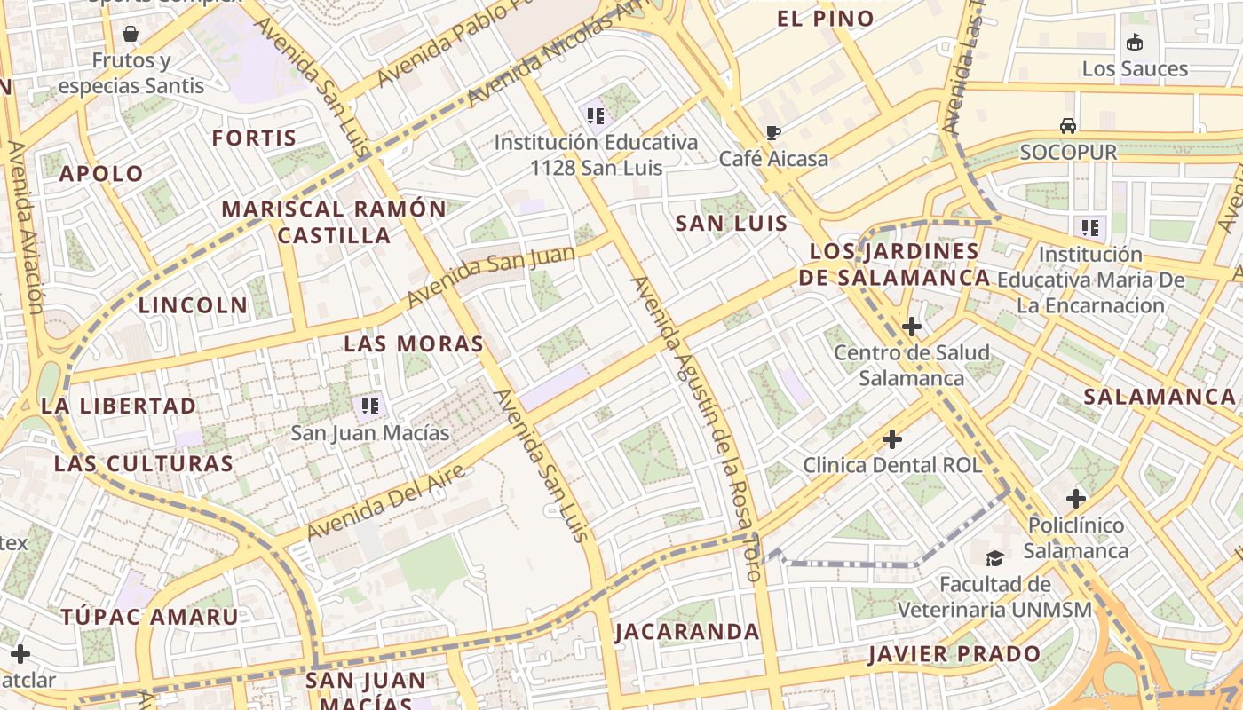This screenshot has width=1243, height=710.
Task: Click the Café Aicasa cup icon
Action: pyautogui.click(x=773, y=133)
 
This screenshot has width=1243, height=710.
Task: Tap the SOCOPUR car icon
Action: pyautogui.click(x=1068, y=126)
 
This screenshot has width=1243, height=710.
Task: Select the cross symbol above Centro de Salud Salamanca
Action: pyautogui.click(x=911, y=327)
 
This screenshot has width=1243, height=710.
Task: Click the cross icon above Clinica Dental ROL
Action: pyautogui.click(x=892, y=439)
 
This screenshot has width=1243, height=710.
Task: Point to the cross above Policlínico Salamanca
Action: pyautogui.click(x=1076, y=499)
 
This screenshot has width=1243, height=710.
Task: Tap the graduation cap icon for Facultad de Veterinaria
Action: pyautogui.click(x=994, y=558)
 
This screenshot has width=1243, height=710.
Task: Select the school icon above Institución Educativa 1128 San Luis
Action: pyautogui.click(x=595, y=115)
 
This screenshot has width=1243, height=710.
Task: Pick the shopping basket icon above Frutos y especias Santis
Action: pyautogui.click(x=131, y=35)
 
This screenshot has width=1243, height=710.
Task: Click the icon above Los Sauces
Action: pyautogui.click(x=1134, y=42)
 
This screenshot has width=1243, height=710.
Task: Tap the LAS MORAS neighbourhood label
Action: pyautogui.click(x=414, y=343)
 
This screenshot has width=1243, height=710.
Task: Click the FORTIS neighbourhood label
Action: pyautogui.click(x=254, y=138)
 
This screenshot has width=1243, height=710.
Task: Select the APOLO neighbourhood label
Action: pyautogui.click(x=101, y=174)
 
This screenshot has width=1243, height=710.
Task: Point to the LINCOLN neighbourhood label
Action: pyautogui.click(x=193, y=305)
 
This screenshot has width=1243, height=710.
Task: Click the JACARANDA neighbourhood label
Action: pyautogui.click(x=687, y=632)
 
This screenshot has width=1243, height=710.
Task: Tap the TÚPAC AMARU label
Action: pyautogui.click(x=149, y=617)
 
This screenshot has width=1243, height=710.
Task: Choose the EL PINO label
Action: pyautogui.click(x=825, y=19)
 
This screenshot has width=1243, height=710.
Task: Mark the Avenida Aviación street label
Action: pyautogui.click(x=24, y=227)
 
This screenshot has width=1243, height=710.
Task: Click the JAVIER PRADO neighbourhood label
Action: pyautogui.click(x=954, y=655)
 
